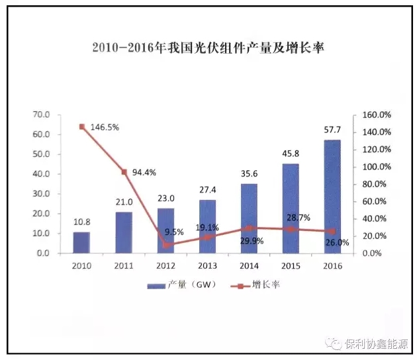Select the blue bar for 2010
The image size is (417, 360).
[81, 242]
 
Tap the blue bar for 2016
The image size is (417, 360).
[332, 197]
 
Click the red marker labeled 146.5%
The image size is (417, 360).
[81, 126]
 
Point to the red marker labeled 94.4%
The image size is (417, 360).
[123, 172]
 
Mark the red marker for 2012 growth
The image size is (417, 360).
[165, 245]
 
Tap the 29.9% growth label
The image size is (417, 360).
[250, 241]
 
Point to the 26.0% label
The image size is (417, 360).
[336, 243]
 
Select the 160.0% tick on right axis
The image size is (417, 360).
[377, 114]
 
